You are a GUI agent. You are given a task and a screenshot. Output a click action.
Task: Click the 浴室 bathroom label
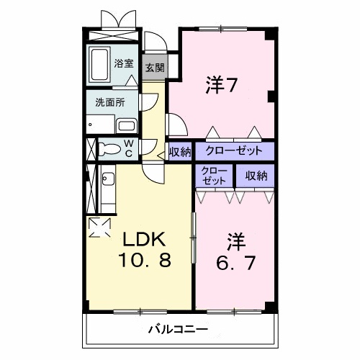pos(125,63)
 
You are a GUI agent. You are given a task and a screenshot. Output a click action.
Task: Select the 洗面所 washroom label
pos(109,102)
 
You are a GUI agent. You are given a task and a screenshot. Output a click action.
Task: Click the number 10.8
pos(145,260)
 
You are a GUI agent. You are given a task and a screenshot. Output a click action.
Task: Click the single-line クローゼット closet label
pos(229,152)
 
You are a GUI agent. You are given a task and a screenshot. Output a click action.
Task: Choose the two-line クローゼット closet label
pos(214,176)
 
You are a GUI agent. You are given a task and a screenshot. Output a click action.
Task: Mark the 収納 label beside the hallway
pos(179,152)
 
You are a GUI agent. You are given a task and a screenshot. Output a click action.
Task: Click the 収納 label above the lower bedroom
pos(256,175)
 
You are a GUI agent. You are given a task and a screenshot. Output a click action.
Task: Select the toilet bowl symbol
pos(109,150)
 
